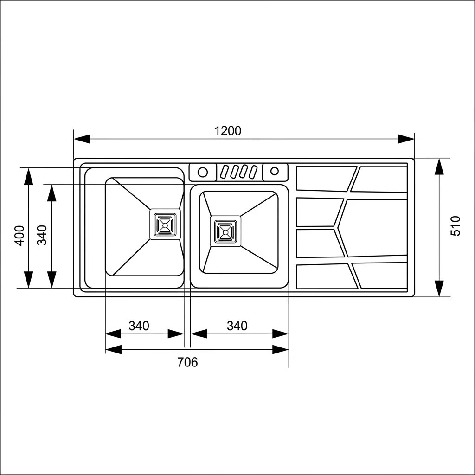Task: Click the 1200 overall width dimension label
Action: point(228,131)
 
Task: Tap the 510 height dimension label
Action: point(456,226)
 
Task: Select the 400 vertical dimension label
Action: point(19,236)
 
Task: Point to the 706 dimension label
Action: point(187,362)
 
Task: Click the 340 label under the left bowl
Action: point(139,326)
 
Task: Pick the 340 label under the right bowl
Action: point(237,326)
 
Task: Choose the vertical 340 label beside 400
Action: point(42,235)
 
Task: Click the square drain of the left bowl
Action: point(165,225)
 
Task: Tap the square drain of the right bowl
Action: point(225,231)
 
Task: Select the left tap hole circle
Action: point(203,173)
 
